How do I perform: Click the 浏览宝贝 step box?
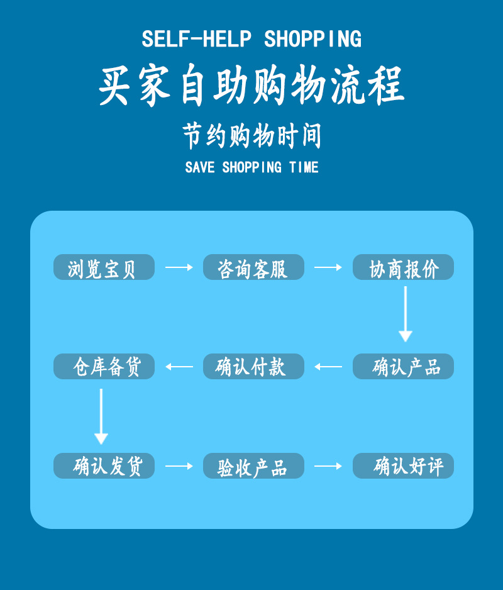pyautogui.click(x=104, y=267)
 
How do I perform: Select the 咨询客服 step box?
pyautogui.click(x=253, y=267)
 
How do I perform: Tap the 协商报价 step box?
pyautogui.click(x=403, y=267)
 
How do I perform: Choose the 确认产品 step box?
pyautogui.click(x=403, y=367)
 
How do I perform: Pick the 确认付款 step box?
pyautogui.click(x=253, y=367)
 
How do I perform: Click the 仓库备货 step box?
pyautogui.click(x=104, y=367)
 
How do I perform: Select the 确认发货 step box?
pyautogui.click(x=104, y=466)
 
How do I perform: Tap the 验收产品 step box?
pyautogui.click(x=253, y=466)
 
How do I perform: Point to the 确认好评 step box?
pyautogui.click(x=403, y=466)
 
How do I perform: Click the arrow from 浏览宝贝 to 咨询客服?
pyautogui.click(x=179, y=267)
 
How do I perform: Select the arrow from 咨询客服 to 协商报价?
pyautogui.click(x=328, y=267)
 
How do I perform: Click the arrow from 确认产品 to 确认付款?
pyautogui.click(x=328, y=367)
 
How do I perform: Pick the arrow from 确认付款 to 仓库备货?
pyautogui.click(x=179, y=367)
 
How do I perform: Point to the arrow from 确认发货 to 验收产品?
pyautogui.click(x=179, y=466)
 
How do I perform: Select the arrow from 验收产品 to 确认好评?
pyautogui.click(x=328, y=466)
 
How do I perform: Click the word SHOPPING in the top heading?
pyautogui.click(x=312, y=40)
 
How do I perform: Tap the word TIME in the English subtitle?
pyautogui.click(x=304, y=167)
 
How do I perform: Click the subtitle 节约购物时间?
pyautogui.click(x=252, y=136)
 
